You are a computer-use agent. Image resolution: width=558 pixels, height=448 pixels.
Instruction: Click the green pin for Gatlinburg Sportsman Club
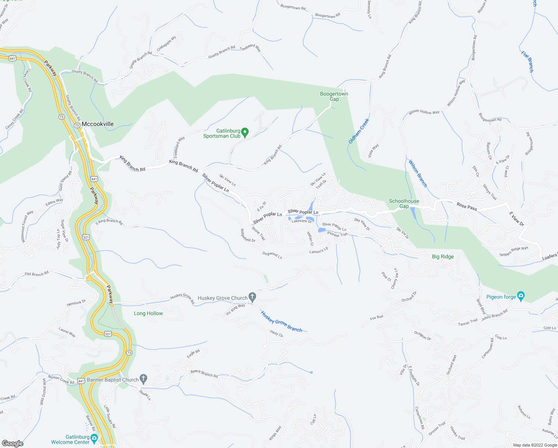coord(245,133)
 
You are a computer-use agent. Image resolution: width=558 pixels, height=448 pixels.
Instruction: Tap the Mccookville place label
coord(97,124)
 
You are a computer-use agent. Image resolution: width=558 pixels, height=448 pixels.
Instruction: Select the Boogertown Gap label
coord(334,96)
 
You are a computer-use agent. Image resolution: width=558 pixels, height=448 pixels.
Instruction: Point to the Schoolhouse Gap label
coord(404,203)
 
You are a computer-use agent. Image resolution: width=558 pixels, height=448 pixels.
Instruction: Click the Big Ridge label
coord(443,256)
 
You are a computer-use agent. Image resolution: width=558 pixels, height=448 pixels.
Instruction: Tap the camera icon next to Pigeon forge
coord(521,296)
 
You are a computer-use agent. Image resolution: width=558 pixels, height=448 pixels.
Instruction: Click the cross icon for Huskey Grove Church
coord(253,297)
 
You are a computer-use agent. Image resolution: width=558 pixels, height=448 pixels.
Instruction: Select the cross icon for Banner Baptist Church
coord(144,379)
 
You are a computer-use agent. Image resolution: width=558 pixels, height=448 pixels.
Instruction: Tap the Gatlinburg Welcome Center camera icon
coord(94,438)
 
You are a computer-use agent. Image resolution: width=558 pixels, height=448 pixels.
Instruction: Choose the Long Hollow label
coord(148,313)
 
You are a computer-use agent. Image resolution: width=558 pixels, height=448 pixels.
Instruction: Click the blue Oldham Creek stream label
coord(358,131)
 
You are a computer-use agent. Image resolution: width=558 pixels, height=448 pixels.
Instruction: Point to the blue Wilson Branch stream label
coord(418,174)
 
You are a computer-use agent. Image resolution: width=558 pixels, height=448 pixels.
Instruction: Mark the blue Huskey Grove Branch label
coord(282,321)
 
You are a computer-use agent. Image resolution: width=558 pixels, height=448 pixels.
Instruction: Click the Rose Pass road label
coord(467,206)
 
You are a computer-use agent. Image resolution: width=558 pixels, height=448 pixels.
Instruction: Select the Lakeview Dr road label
coord(301,221)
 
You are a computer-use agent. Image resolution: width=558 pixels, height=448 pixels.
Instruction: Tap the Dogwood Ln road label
coord(272,255)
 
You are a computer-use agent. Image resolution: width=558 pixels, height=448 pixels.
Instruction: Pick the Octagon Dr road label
coord(422,335)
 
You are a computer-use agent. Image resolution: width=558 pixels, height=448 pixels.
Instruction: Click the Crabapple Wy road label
coord(166,44)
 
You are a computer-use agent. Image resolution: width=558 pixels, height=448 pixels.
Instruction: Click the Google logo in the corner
coord(12,444)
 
